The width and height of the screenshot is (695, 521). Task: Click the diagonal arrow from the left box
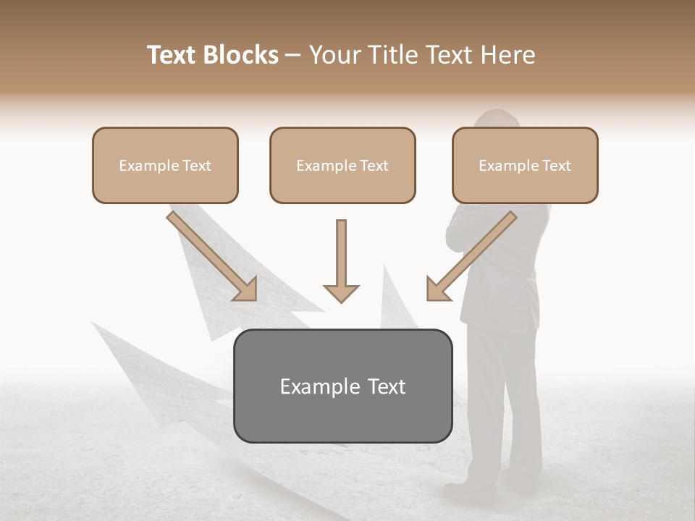(210, 253)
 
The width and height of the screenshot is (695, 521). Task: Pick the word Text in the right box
(557, 166)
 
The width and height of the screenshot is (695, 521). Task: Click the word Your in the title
(335, 55)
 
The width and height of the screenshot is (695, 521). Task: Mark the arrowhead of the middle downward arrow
(341, 293)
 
